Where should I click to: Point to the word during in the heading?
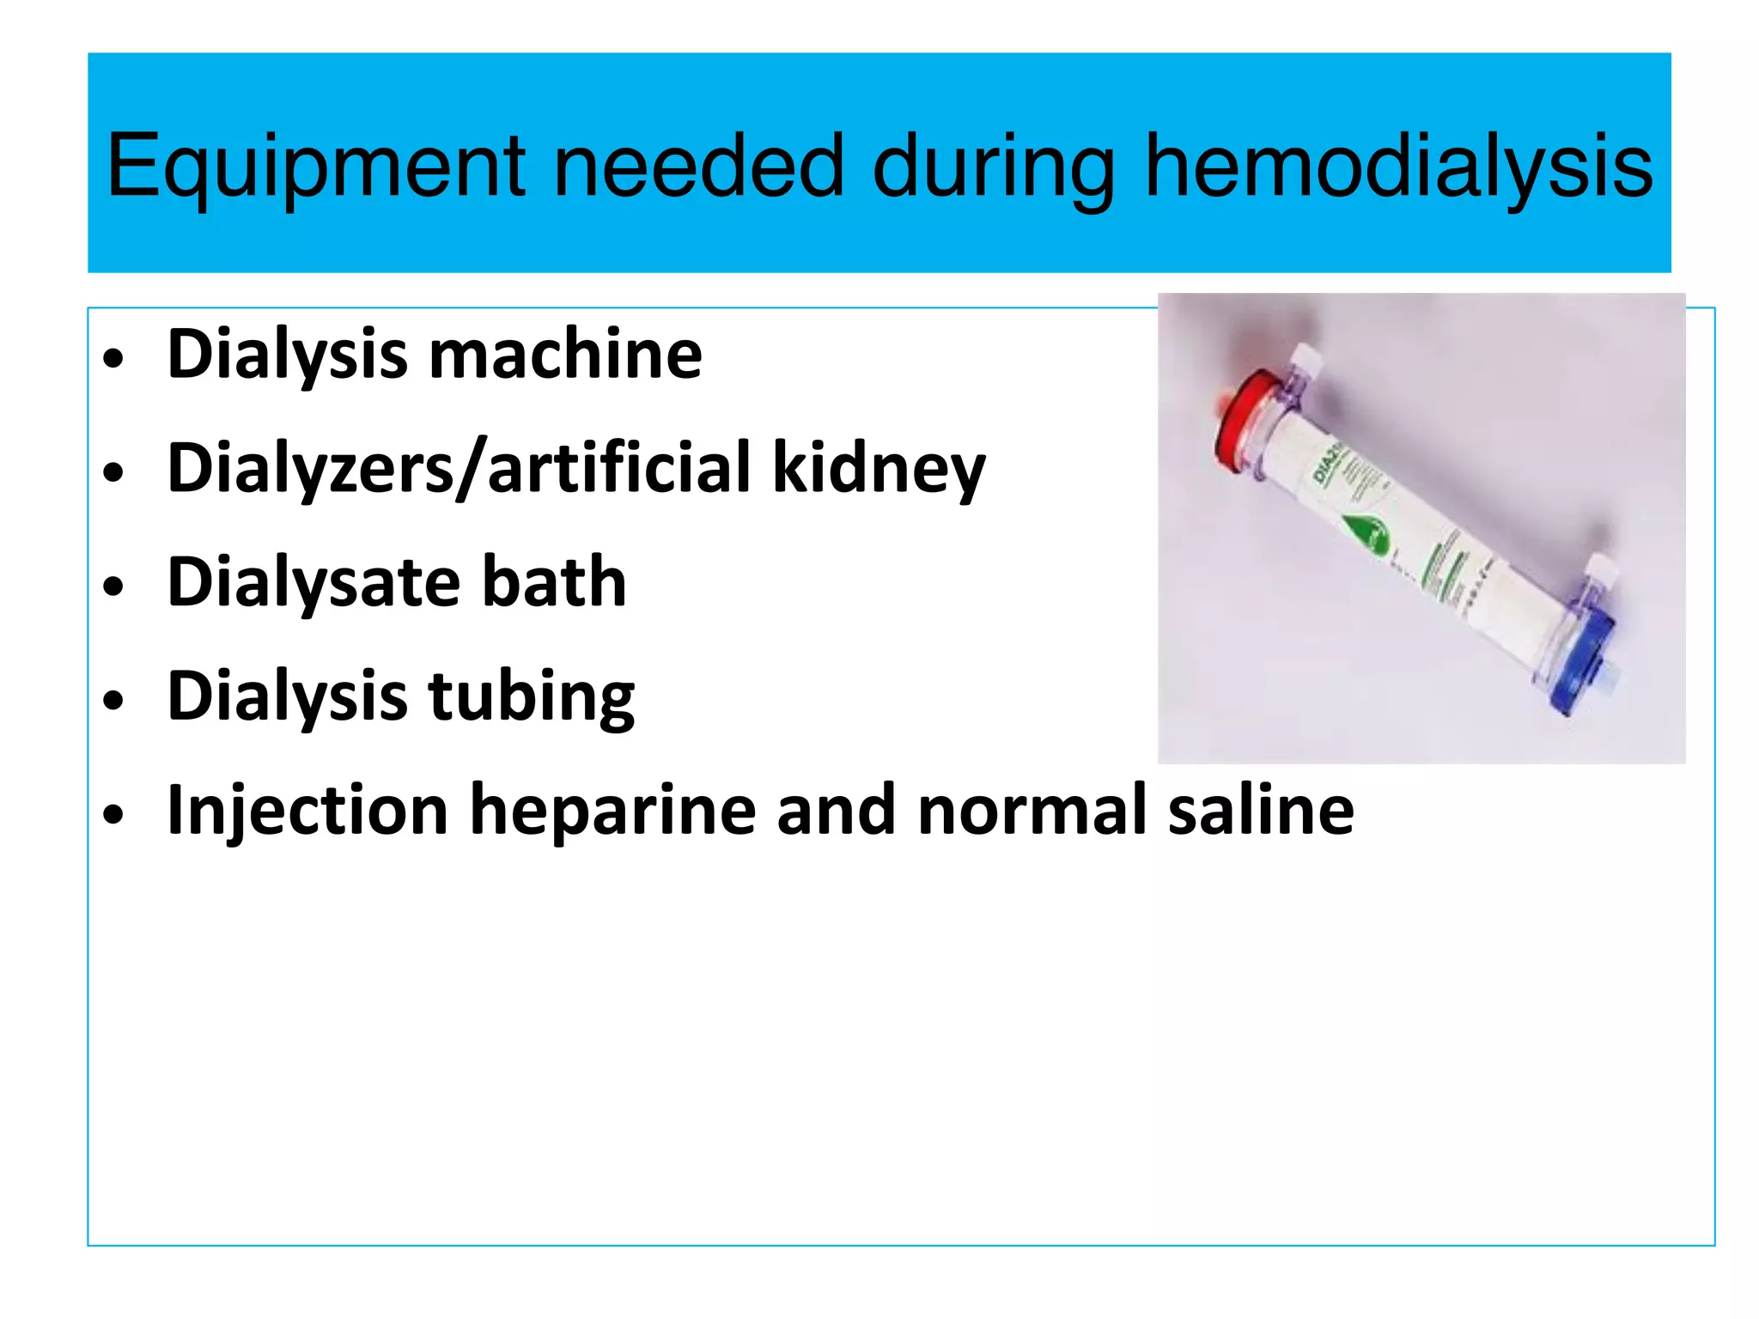tap(994, 167)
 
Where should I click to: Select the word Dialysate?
tap(313, 584)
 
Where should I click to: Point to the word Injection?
tap(307, 811)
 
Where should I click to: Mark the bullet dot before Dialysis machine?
tap(113, 359)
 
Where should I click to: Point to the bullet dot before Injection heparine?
tap(113, 815)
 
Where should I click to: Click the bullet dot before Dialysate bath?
tap(113, 587)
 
